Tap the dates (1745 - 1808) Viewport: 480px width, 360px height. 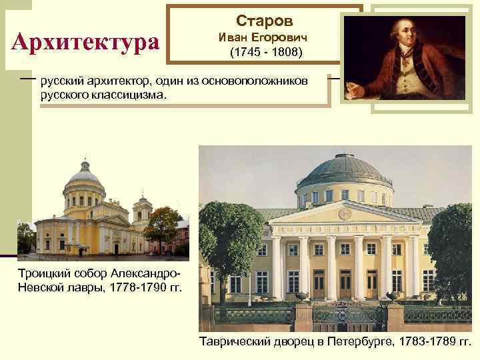(x=264, y=51)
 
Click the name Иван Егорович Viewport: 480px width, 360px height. (x=264, y=37)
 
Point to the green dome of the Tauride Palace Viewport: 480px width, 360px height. (x=343, y=171)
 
